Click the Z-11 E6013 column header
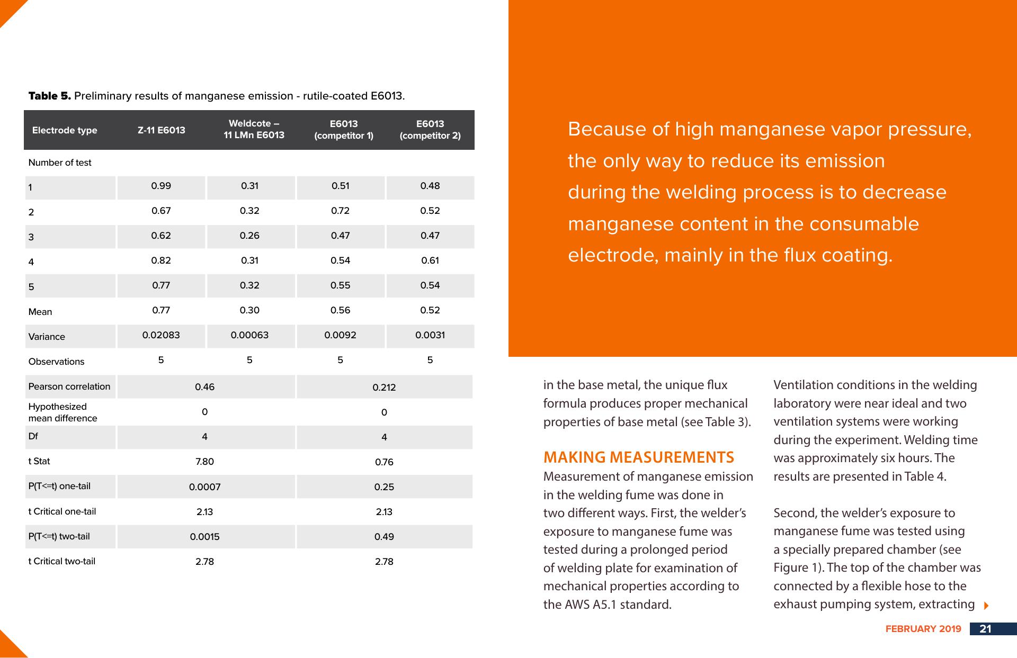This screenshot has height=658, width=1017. (x=161, y=130)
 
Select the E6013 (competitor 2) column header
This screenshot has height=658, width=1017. (x=430, y=130)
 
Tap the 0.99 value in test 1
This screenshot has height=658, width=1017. (x=161, y=186)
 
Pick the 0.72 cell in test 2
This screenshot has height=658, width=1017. (x=340, y=211)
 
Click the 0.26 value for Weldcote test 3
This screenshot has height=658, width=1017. (x=249, y=236)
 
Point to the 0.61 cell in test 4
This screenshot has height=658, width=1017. (x=430, y=260)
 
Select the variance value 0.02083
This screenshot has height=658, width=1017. (x=161, y=335)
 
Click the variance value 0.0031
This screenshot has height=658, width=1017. (x=430, y=335)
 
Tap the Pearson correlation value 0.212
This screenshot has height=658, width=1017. (x=384, y=387)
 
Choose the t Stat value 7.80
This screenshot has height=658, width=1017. (x=204, y=462)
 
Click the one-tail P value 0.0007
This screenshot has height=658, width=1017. (x=204, y=487)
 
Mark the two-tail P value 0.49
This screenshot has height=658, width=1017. (x=384, y=537)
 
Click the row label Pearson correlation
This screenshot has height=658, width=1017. (x=69, y=386)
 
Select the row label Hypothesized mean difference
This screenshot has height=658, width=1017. (x=63, y=412)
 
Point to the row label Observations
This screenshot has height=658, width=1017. (x=56, y=362)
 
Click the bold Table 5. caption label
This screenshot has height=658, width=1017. (x=49, y=96)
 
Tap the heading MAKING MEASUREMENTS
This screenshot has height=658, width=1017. (x=639, y=457)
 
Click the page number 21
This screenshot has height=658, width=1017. (x=985, y=629)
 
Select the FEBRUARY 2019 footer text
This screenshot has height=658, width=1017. (x=923, y=629)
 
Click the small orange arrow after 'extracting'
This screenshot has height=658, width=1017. (x=986, y=605)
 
